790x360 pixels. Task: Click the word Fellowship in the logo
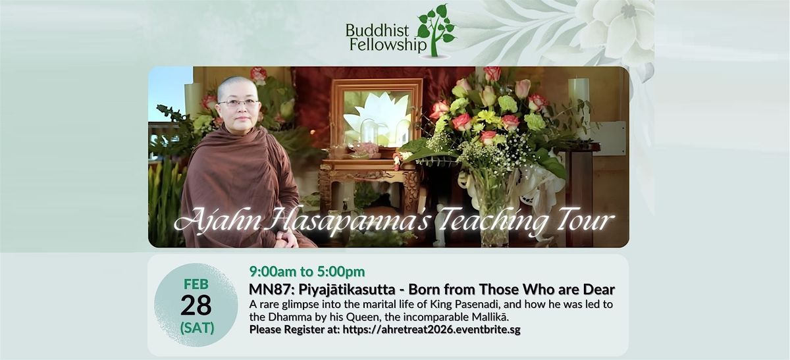click(388, 45)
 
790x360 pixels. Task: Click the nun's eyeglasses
click(238, 103)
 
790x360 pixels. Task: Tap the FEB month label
click(196, 284)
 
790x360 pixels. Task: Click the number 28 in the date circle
click(196, 305)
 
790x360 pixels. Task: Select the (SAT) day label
click(197, 328)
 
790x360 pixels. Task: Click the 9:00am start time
click(273, 272)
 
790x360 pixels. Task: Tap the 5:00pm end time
click(341, 272)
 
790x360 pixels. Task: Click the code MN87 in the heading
click(271, 290)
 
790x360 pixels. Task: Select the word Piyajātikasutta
click(347, 290)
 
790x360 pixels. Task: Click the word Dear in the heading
click(599, 290)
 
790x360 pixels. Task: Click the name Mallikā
click(490, 317)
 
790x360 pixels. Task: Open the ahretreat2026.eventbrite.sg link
click(431, 330)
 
